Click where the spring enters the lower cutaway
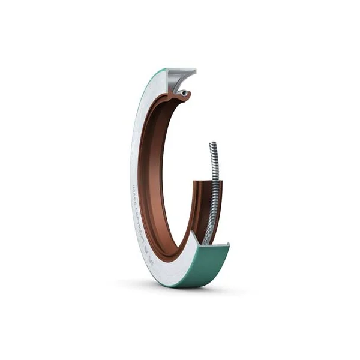pos(206,240)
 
